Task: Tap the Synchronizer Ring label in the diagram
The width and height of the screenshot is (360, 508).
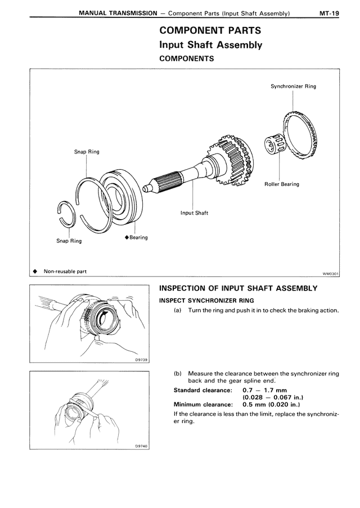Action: pyautogui.click(x=293, y=87)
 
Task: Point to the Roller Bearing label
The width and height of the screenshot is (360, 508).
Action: pyautogui.click(x=282, y=184)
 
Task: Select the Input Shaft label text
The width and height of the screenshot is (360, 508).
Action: pyautogui.click(x=194, y=213)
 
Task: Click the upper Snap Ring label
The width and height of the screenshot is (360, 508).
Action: pyautogui.click(x=87, y=152)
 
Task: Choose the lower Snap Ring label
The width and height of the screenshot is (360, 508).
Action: pyautogui.click(x=69, y=241)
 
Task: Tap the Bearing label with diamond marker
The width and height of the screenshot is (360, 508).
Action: pyautogui.click(x=136, y=238)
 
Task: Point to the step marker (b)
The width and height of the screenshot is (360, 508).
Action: pyautogui.click(x=178, y=373)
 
